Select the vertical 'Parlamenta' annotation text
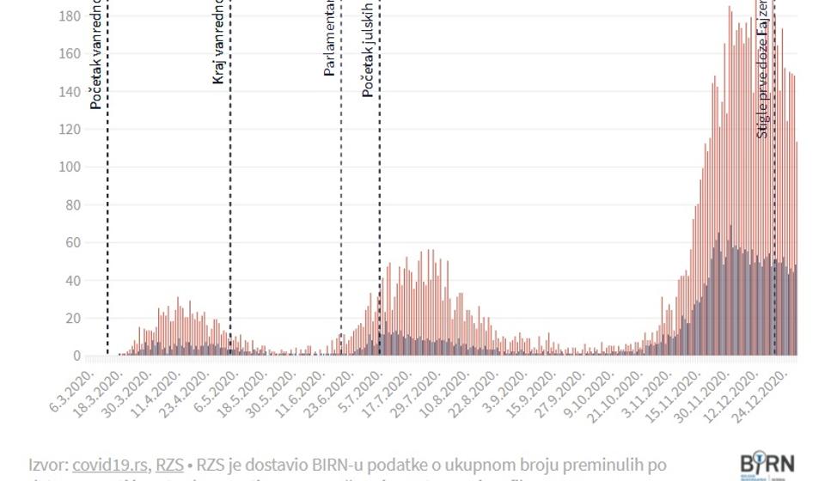(x=329, y=39)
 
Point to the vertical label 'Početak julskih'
(x=368, y=48)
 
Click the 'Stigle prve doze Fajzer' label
(x=762, y=69)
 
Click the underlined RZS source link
(x=168, y=465)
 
